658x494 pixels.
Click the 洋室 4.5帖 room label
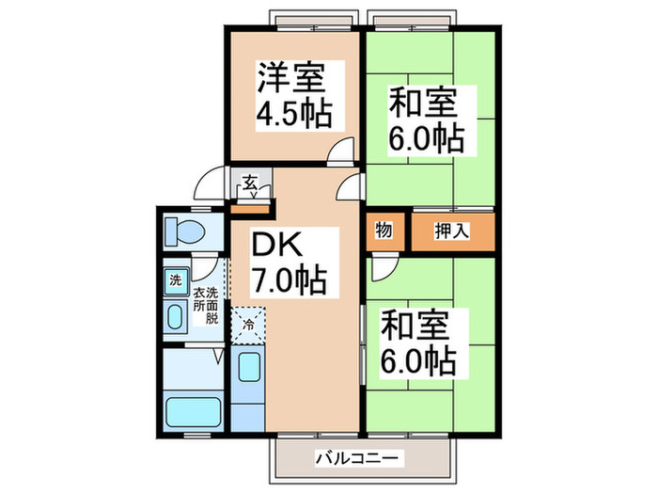point(293,96)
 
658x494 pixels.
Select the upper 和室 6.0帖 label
point(427,120)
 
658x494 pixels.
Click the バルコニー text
point(360,458)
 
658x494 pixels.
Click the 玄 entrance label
point(250,183)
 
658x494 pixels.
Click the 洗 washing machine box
point(174,279)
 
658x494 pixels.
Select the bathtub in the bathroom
point(192,412)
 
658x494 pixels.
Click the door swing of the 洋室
point(344,151)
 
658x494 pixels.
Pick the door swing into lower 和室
point(382,268)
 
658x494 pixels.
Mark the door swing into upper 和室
point(352,185)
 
